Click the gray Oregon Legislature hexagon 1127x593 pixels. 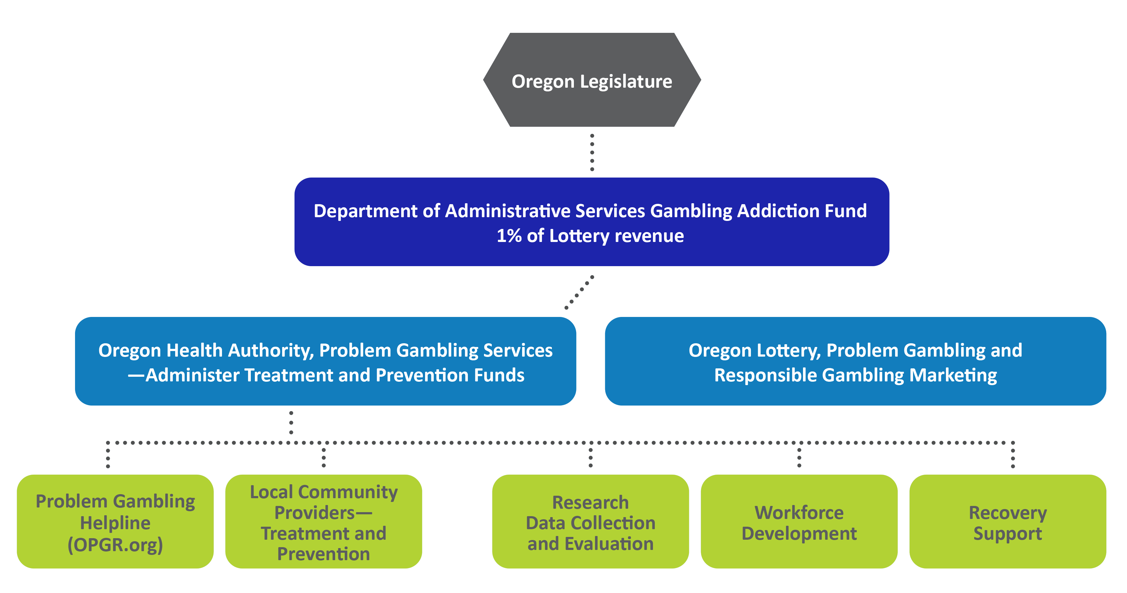[592, 80]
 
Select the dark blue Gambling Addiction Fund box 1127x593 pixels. [592, 222]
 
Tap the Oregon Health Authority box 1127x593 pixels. [326, 361]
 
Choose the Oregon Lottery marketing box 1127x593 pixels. [855, 361]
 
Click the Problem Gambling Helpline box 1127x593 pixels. [115, 521]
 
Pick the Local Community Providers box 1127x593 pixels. [324, 521]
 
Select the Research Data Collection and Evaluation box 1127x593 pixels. [591, 521]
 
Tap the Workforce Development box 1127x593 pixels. [799, 521]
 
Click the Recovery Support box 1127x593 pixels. [1008, 521]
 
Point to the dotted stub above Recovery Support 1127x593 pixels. [1013, 455]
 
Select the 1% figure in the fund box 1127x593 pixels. [509, 236]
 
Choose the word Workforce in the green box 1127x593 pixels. [799, 512]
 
